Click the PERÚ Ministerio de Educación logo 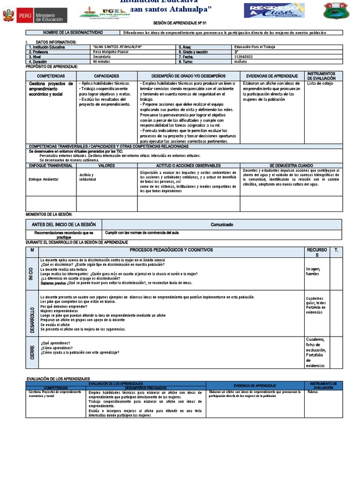(x=35, y=15)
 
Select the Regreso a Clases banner (x=274, y=11)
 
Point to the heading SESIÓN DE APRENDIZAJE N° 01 (x=180, y=22)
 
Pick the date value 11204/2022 (x=244, y=56)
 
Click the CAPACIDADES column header (x=106, y=76)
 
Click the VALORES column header (x=106, y=165)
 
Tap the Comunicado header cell (x=222, y=225)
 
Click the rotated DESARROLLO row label (x=31, y=313)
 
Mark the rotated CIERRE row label (x=31, y=352)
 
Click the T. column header (x=336, y=250)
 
